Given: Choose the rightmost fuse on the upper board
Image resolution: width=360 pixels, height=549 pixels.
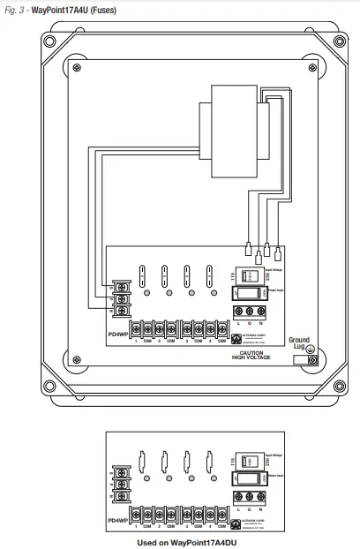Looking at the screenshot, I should (210, 275).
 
